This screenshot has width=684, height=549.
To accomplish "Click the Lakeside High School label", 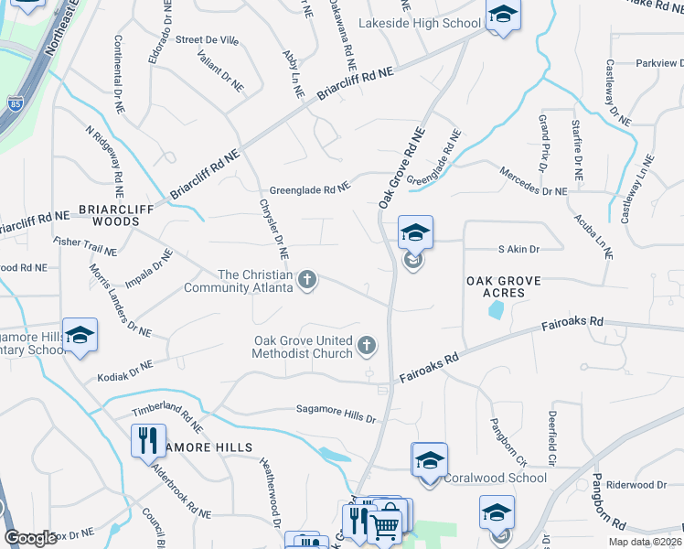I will coord(420,23).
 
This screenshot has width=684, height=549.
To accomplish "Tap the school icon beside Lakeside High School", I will coord(501,16).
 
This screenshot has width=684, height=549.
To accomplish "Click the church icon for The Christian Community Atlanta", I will coord(308,280).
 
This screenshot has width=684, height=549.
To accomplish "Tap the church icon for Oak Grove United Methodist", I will coord(367,346).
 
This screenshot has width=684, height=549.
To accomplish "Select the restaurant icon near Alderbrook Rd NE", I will coord(145,439).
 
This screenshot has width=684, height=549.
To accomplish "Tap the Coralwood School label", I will coord(496,478).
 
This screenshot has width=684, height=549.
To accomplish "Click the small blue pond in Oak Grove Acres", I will coord(496,310).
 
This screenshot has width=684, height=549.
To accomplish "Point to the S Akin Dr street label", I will coord(518,249).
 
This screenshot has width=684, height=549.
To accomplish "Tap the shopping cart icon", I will coord(385,525).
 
